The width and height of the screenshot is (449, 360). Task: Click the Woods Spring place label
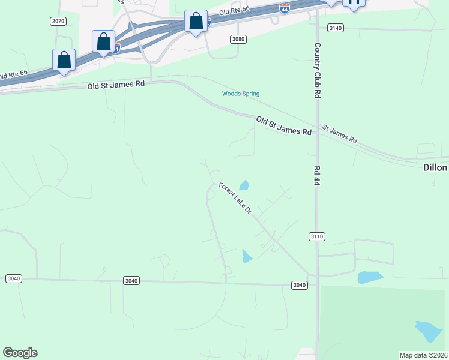coord(240,94)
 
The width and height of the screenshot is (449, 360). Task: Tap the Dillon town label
coord(433,168)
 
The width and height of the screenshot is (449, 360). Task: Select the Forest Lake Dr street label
coord(235,199)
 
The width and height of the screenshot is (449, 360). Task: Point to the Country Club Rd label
coord(316,71)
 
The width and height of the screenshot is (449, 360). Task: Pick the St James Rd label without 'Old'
coord(340,134)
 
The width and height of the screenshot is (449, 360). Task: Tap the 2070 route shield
coord(58,21)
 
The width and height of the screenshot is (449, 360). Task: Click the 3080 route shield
coord(238,39)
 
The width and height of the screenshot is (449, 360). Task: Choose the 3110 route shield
coord(317,236)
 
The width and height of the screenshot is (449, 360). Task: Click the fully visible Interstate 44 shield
coord(285,8)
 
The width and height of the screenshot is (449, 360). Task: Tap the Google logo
coord(20,352)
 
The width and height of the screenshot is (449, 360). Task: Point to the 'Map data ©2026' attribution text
coord(423,355)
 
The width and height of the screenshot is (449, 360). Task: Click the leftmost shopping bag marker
coord(64,61)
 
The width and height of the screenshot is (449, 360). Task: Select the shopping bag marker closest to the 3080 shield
coord(196,22)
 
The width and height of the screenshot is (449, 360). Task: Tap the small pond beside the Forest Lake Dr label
coord(244,185)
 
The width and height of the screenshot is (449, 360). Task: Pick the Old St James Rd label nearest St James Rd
coord(283,126)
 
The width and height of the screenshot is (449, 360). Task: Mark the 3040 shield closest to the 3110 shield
coord(300,285)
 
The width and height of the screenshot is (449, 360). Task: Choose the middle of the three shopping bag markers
coord(103,42)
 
